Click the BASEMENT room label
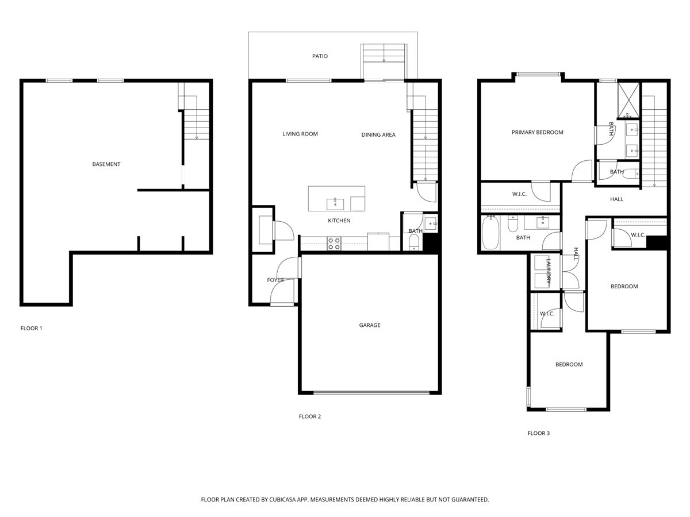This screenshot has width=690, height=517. (x=106, y=164)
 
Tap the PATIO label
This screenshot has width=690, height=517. (x=320, y=56)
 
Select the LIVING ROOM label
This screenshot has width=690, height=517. (x=300, y=134)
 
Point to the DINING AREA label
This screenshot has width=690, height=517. (x=378, y=135)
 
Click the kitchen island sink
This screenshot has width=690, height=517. (x=335, y=203)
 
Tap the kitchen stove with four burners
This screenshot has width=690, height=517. (x=334, y=244)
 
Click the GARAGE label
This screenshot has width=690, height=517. (x=370, y=325)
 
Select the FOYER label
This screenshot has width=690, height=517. (x=275, y=280)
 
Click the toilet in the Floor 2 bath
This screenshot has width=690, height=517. (x=413, y=242)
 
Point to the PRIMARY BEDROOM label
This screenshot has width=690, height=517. (x=537, y=133)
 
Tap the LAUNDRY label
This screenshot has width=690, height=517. (x=548, y=271)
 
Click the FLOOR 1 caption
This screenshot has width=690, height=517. (x=32, y=329)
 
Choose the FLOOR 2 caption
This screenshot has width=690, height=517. (x=310, y=416)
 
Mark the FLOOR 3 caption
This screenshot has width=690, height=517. (x=539, y=433)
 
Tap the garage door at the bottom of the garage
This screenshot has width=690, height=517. (x=371, y=393)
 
